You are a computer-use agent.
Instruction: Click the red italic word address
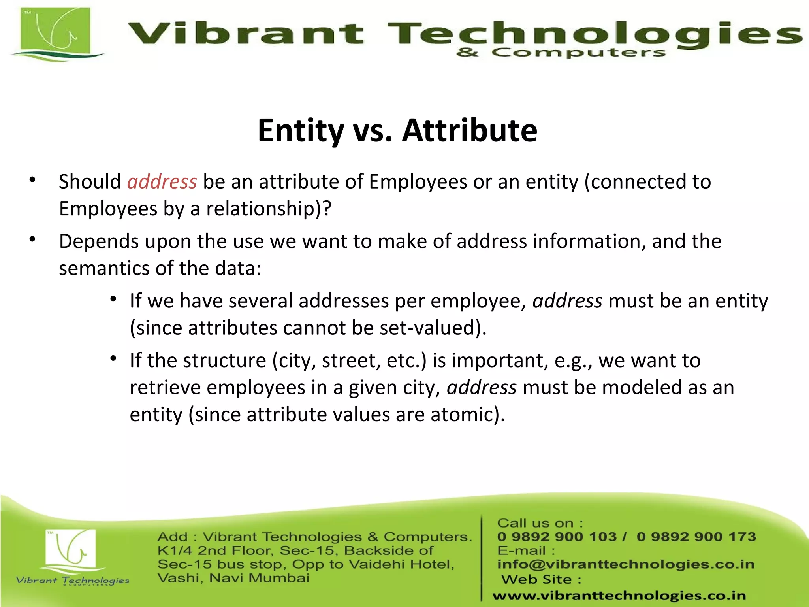click(162, 182)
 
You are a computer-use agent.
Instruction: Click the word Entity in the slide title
click(301, 131)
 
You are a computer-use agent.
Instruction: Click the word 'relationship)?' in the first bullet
click(269, 209)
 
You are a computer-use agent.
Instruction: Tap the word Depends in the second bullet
click(99, 242)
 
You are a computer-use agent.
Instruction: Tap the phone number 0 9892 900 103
click(557, 537)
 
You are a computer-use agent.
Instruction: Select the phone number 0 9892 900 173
click(696, 537)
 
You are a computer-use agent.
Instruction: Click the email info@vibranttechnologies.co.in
click(626, 564)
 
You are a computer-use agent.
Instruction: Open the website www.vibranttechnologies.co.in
click(619, 596)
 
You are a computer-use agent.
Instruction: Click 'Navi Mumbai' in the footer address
click(259, 578)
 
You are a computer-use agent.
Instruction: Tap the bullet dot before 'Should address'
click(33, 180)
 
